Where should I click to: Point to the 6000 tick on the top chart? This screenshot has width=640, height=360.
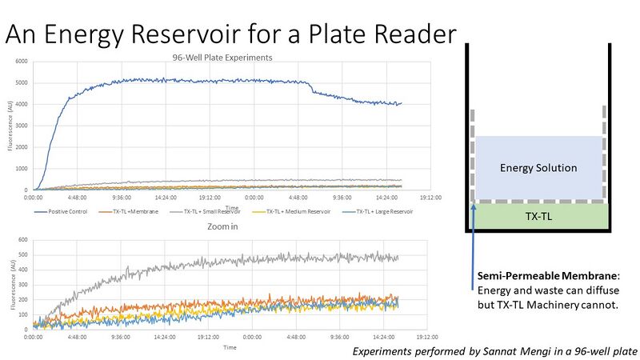click(x=22, y=62)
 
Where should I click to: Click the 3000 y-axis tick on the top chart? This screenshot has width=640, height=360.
click(x=22, y=126)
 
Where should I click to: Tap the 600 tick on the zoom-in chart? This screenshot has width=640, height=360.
click(x=24, y=240)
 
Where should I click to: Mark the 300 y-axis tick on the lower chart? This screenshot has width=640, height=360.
click(x=24, y=284)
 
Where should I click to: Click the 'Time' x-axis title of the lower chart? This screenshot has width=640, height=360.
click(x=230, y=347)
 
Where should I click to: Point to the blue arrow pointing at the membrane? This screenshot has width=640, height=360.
click(x=474, y=240)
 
